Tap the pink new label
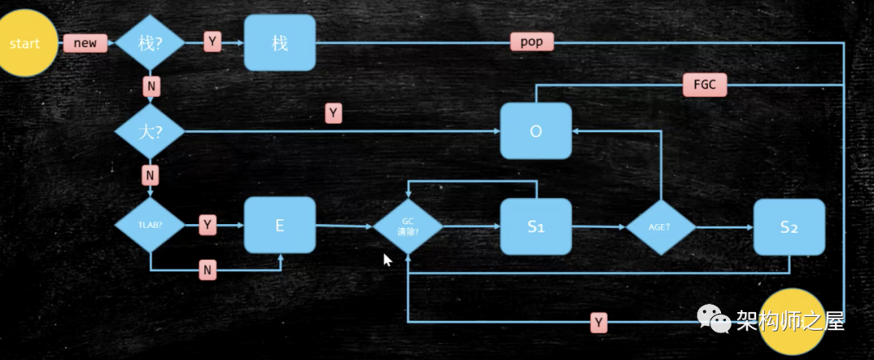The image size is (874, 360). (86, 43)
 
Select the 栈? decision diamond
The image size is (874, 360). (151, 43)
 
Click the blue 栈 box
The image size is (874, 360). (279, 43)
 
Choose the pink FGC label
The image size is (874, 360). (705, 85)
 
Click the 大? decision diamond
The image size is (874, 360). (151, 131)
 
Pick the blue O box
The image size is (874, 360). (535, 130)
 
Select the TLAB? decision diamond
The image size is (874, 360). (151, 226)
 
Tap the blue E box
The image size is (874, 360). (279, 226)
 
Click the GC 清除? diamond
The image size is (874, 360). (408, 226)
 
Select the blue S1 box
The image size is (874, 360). (535, 227)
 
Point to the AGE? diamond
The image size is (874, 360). (660, 227)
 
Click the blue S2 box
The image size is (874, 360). (789, 227)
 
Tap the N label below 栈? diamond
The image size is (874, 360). (151, 85)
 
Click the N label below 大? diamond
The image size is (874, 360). (151, 174)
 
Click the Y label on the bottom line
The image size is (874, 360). (599, 323)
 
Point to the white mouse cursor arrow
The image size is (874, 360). (388, 260)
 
